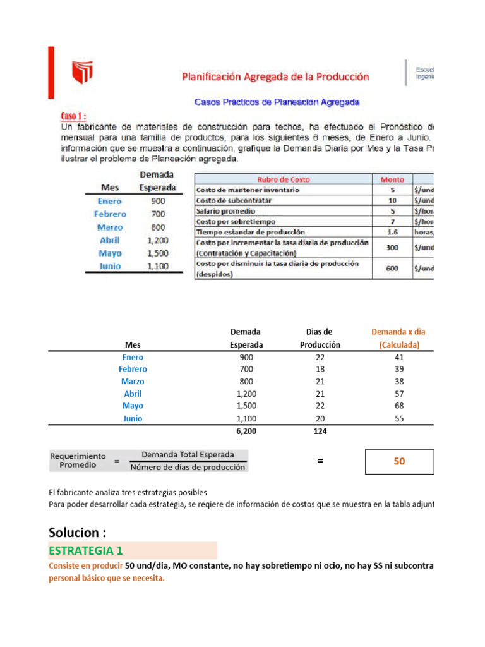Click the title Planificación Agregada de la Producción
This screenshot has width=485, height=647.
[x=275, y=76]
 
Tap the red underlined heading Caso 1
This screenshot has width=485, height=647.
[x=73, y=116]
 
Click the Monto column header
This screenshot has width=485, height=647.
[x=392, y=179]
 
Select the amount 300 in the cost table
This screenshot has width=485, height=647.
[x=392, y=247]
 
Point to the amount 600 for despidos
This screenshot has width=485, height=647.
[x=392, y=268]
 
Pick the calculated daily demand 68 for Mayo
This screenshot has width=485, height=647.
[x=398, y=406]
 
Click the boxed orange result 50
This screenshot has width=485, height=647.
[x=399, y=461]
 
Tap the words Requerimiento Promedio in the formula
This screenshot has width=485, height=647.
[x=78, y=460]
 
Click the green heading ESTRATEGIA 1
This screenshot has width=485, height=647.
[x=85, y=550]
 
